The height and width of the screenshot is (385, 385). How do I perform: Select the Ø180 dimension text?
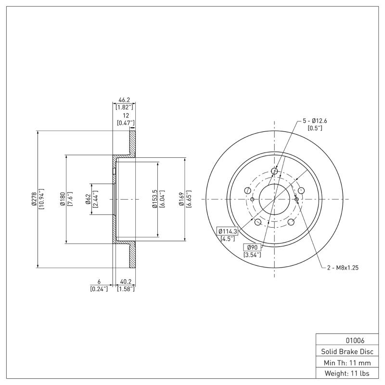[x=63, y=199]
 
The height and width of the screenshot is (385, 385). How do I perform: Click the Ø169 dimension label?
[x=181, y=199]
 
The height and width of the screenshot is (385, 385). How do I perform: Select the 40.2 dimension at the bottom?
[x=126, y=282]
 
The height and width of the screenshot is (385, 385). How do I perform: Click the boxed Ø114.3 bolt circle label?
[x=227, y=231]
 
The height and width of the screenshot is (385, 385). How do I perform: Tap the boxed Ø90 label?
[x=252, y=247]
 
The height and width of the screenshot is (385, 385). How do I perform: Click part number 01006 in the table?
[x=344, y=340]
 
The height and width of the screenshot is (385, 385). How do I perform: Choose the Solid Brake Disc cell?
[x=344, y=351]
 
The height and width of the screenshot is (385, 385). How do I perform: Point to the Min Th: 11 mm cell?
[x=344, y=362]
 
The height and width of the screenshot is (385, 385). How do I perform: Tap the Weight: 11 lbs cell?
[x=344, y=373]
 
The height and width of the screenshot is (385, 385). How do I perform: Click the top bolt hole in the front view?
[x=275, y=171]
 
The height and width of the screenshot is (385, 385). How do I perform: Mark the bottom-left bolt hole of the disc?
[x=257, y=222]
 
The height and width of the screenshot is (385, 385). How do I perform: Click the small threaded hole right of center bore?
[x=296, y=199]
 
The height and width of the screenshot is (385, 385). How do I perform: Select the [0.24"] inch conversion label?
[x=99, y=289]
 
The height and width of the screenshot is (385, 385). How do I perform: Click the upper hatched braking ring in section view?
[x=132, y=142]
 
